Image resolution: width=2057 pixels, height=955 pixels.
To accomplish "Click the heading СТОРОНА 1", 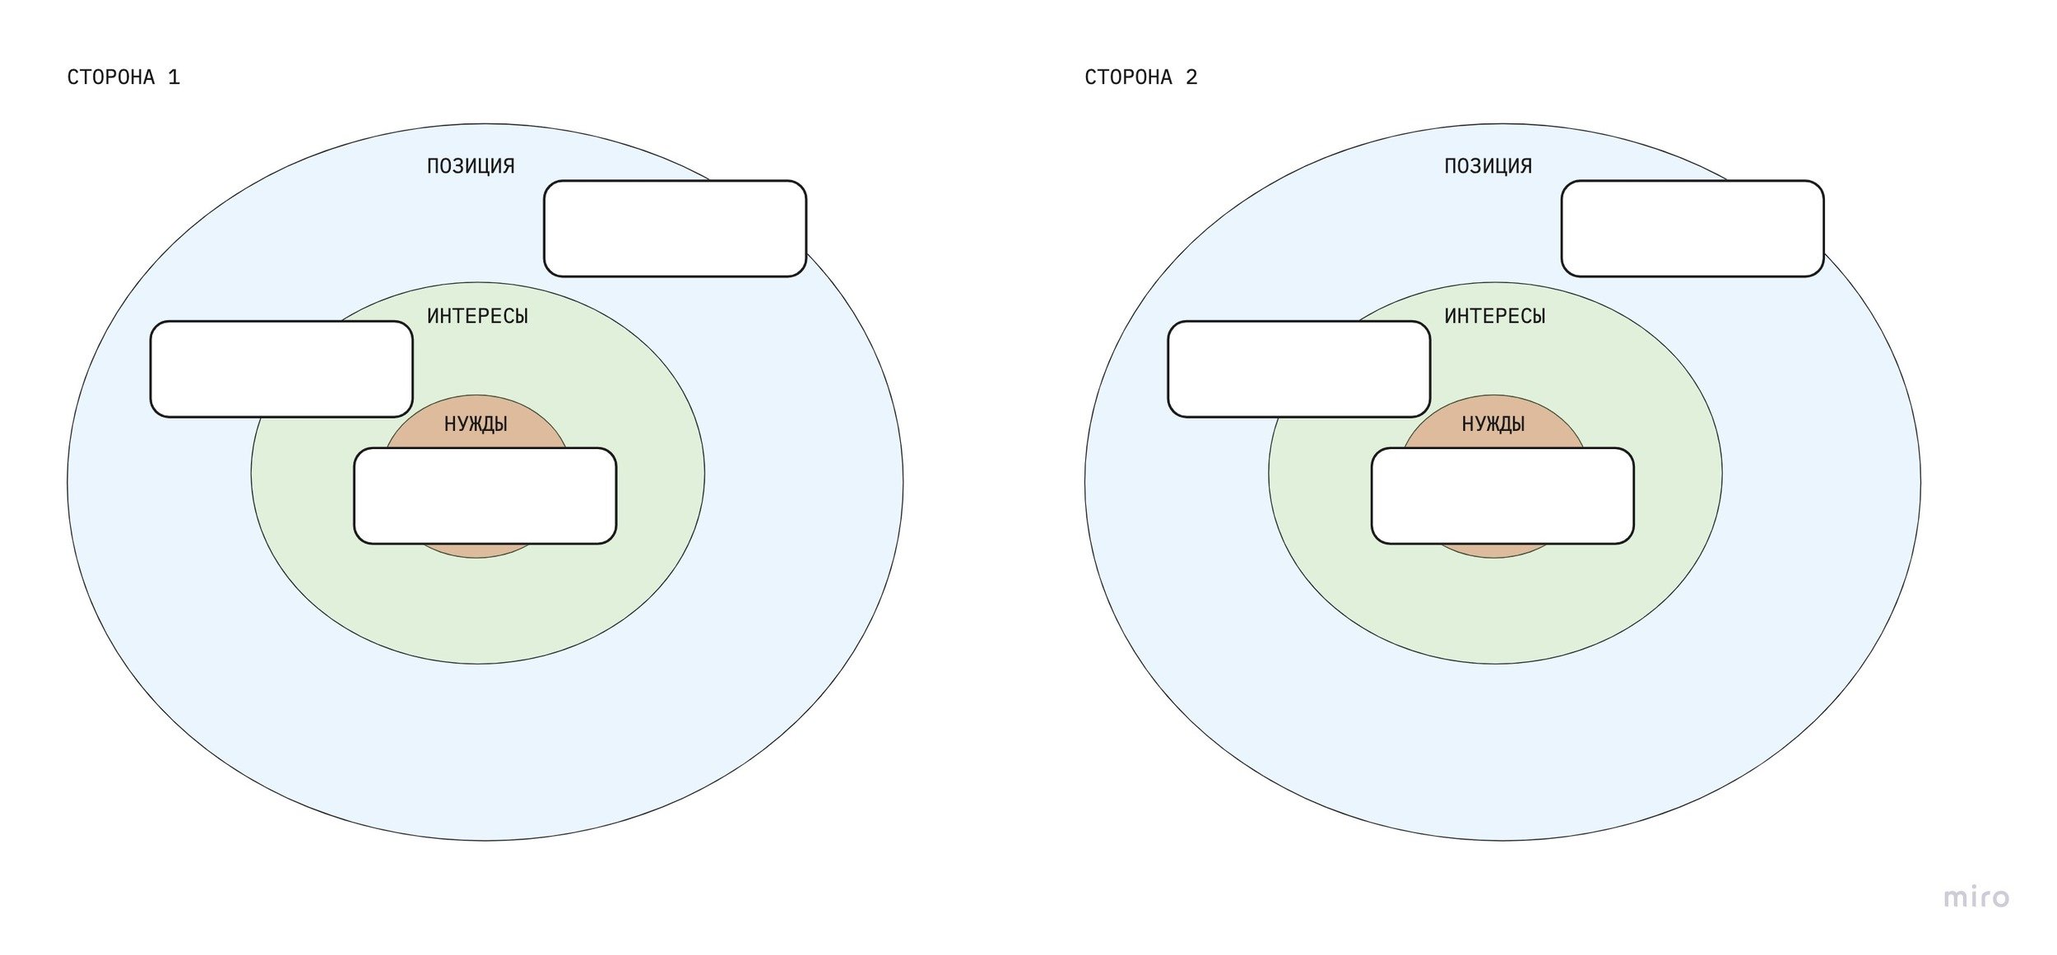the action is tap(123, 77).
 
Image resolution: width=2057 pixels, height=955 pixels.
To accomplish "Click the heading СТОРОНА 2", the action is tap(1140, 77).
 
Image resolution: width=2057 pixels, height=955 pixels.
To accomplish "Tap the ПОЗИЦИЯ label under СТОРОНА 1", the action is tap(471, 166).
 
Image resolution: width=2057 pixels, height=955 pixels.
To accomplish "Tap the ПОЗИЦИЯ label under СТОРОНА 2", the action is tap(1488, 166).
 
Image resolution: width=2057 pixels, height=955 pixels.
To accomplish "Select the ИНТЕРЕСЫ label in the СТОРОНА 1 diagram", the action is tap(477, 317).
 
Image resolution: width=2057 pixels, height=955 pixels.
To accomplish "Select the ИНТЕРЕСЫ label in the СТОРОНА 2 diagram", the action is tap(1494, 317).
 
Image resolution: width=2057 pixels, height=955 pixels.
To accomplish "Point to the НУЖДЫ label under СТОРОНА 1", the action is tap(476, 424).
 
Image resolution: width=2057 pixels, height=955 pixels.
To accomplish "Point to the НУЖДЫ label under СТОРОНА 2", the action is tap(1493, 424).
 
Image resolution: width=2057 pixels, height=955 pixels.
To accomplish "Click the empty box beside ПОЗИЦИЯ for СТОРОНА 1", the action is tap(675, 229).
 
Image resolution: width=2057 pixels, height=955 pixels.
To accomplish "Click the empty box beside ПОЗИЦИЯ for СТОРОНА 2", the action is tap(1692, 229).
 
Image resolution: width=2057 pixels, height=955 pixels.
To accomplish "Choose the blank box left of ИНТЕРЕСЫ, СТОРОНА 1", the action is tap(281, 369).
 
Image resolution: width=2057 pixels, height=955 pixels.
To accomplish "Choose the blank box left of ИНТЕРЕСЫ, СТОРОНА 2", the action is tap(1298, 369).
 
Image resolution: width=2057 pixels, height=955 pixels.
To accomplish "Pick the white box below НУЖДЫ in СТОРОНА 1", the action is tap(485, 496).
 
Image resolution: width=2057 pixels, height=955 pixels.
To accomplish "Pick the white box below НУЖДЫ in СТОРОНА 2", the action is tap(1502, 496).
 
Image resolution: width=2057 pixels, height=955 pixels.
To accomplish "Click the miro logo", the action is tap(1976, 897).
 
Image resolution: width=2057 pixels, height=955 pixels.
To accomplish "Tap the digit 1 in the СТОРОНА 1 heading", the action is tap(174, 77).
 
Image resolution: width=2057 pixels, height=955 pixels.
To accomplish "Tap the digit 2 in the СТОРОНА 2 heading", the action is tap(1191, 77).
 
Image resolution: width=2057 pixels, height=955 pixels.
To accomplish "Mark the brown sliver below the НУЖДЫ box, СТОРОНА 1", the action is tap(477, 550).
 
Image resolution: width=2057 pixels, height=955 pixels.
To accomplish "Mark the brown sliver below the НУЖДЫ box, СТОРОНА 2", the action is tap(1494, 550).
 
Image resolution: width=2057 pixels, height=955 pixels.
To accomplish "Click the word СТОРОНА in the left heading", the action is tap(111, 77).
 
